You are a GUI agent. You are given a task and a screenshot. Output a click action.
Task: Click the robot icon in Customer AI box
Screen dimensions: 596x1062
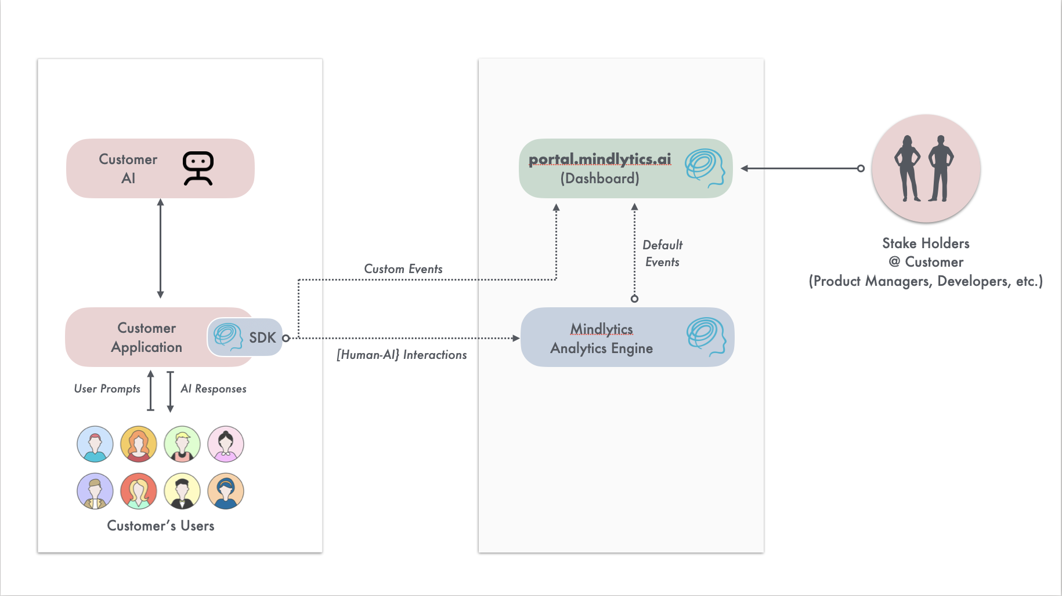(x=198, y=168)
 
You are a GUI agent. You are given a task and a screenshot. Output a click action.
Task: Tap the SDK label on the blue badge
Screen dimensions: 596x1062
(x=262, y=337)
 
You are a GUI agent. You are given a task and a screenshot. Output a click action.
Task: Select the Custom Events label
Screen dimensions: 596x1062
(x=403, y=269)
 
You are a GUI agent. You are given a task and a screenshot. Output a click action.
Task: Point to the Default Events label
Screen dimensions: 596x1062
(x=662, y=253)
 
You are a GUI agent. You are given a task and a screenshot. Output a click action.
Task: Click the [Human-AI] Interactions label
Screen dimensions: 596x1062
(x=402, y=355)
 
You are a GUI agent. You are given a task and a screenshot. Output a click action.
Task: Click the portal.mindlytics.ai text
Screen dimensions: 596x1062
(x=599, y=159)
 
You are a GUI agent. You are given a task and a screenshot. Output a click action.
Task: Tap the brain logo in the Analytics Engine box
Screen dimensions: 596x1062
(x=706, y=336)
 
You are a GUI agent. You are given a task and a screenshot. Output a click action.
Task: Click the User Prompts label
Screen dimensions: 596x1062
(x=107, y=389)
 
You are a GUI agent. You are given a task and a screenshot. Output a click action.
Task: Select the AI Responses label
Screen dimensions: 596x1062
(x=214, y=389)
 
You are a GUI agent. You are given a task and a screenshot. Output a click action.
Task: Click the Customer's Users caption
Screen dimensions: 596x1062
(x=161, y=526)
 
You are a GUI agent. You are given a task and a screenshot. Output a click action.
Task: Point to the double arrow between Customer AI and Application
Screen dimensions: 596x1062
(x=161, y=248)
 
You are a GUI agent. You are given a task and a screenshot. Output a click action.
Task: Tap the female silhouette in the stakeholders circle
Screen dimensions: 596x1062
(x=907, y=168)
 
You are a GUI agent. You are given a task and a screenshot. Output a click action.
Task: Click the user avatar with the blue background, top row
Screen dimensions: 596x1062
(x=95, y=444)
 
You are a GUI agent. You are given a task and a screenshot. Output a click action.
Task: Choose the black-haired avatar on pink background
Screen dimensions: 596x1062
(x=226, y=444)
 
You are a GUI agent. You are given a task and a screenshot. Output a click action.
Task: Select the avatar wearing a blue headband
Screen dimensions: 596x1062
(x=226, y=491)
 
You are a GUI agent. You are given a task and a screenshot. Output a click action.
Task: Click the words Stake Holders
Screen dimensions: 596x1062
(x=926, y=244)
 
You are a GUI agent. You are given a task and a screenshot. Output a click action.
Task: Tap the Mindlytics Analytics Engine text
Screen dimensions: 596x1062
(x=601, y=339)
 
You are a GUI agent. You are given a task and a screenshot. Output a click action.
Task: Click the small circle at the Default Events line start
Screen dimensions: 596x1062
(x=634, y=299)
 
